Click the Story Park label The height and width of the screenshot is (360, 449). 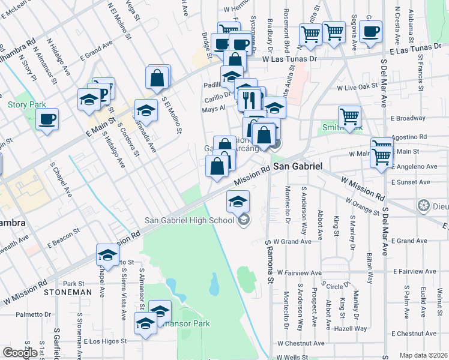coord(27,104)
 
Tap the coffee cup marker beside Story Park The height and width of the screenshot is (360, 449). coord(47,118)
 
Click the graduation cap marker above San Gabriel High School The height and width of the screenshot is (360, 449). coord(238,201)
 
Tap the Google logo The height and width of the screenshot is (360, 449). coord(20,353)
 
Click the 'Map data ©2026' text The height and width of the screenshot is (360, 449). coord(423,355)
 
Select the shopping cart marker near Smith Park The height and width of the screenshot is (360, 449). coord(349,116)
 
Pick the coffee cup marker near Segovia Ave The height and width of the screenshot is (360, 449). coord(372,32)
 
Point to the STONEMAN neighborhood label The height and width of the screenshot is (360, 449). coord(68,292)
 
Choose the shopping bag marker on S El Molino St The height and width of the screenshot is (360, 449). coord(157,79)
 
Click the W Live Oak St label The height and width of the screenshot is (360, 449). coord(357,88)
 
